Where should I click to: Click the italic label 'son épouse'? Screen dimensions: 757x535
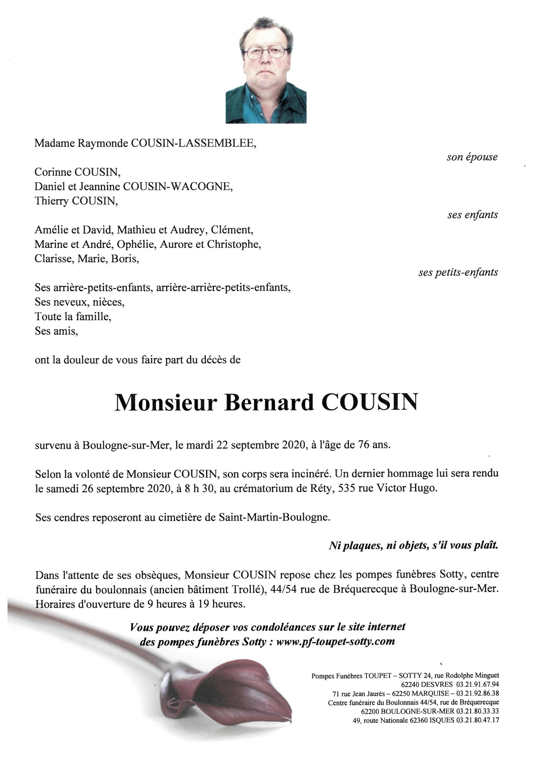pyautogui.click(x=472, y=157)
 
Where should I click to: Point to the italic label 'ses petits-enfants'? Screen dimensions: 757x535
pyautogui.click(x=458, y=273)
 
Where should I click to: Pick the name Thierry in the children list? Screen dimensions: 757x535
pyautogui.click(x=52, y=201)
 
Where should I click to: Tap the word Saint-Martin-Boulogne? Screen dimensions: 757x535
pyautogui.click(x=274, y=517)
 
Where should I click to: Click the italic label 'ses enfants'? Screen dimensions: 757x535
pyautogui.click(x=472, y=215)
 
